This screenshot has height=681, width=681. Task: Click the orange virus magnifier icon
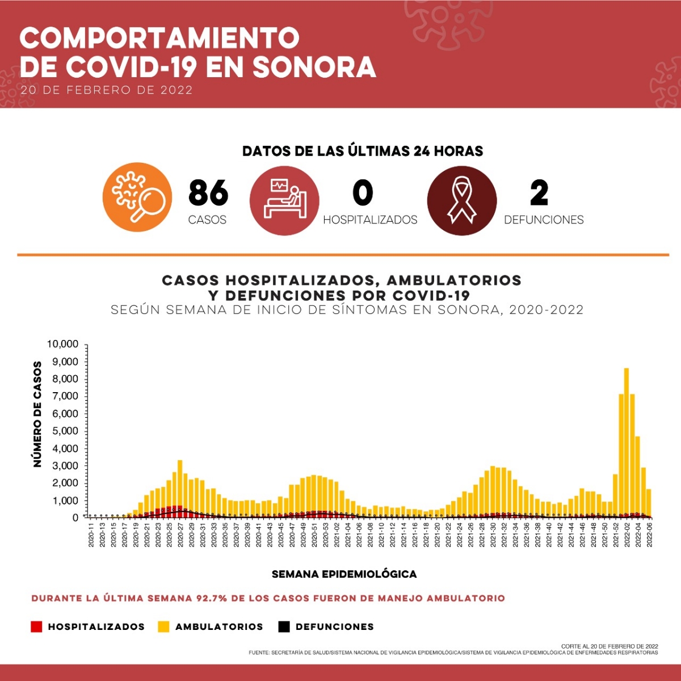click(137, 197)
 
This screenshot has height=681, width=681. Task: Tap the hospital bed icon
click(284, 200)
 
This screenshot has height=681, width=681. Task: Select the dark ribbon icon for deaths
click(461, 200)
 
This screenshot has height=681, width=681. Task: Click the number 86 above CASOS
click(208, 193)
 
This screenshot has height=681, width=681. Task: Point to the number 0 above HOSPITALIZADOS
click(363, 193)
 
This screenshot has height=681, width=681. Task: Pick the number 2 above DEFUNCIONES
click(539, 193)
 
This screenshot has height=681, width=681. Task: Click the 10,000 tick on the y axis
click(62, 344)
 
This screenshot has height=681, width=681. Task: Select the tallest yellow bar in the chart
click(627, 443)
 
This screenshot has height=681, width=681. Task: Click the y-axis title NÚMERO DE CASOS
click(38, 414)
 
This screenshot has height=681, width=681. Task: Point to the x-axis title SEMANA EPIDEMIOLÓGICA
click(344, 574)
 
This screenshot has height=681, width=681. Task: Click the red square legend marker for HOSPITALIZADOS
click(37, 627)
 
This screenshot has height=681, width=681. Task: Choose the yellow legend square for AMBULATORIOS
click(163, 627)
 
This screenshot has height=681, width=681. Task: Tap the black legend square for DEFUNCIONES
click(284, 627)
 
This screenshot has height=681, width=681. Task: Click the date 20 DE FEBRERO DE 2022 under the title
click(106, 90)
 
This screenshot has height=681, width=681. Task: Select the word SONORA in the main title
click(314, 67)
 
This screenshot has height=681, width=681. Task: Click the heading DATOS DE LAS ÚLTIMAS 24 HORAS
click(363, 151)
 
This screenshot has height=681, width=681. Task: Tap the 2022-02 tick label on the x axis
click(627, 535)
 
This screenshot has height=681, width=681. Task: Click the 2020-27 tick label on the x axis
click(180, 535)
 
